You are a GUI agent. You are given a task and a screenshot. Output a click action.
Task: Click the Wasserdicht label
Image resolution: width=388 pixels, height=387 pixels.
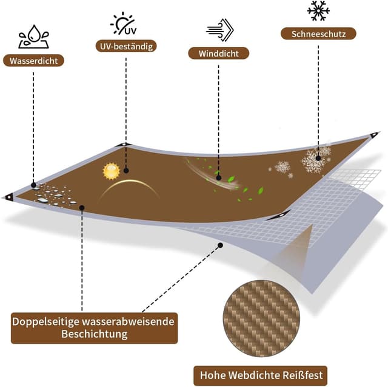click(x=34, y=61)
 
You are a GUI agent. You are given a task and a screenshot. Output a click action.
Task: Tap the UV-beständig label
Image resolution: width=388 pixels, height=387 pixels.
click(x=126, y=46)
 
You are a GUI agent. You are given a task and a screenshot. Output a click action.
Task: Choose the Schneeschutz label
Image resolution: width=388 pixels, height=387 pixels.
click(x=318, y=34)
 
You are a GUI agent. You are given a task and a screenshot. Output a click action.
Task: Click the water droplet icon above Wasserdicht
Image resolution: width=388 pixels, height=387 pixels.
click(x=31, y=37)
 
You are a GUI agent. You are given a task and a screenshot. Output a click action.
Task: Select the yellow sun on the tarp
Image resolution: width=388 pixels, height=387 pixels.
click(x=110, y=172)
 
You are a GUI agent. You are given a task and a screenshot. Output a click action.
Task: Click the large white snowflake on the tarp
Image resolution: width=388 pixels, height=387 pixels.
click(x=313, y=161)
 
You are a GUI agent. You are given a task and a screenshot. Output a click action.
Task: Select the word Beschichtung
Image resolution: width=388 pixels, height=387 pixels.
click(x=94, y=334)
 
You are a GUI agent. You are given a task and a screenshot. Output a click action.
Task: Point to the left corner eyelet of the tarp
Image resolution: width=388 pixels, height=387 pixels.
click(x=9, y=196)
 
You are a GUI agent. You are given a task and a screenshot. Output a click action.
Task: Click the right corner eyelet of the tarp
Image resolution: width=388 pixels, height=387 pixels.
click(x=374, y=135)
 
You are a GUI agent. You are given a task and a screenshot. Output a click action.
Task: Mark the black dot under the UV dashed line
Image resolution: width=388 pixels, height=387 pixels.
click(x=125, y=170)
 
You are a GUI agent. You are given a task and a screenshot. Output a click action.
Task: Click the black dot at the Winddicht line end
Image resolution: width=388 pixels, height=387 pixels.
click(x=218, y=178)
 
